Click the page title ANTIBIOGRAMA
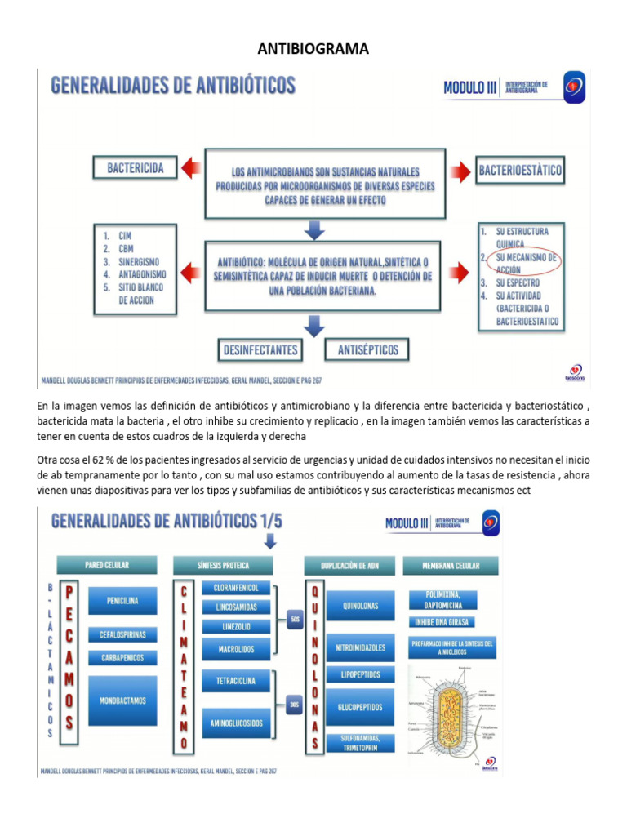(x=313, y=49)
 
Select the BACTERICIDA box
(x=136, y=169)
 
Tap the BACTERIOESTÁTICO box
(x=520, y=171)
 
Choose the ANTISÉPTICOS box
(x=367, y=350)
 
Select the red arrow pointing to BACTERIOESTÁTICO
(x=462, y=171)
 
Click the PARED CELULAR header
(x=106, y=565)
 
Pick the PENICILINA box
(x=122, y=601)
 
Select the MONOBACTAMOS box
(x=122, y=700)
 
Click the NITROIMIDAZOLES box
(x=360, y=647)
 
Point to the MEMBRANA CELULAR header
(x=451, y=565)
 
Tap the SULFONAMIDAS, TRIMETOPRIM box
(x=360, y=743)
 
